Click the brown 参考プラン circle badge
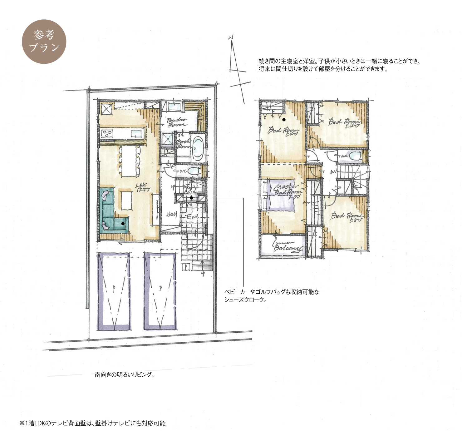44,42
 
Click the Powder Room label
177,122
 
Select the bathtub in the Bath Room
198,148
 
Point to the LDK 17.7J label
143,187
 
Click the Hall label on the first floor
171,214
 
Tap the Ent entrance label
193,216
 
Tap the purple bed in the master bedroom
282,195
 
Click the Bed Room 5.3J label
347,216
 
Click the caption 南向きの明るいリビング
125,374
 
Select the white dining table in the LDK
129,161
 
